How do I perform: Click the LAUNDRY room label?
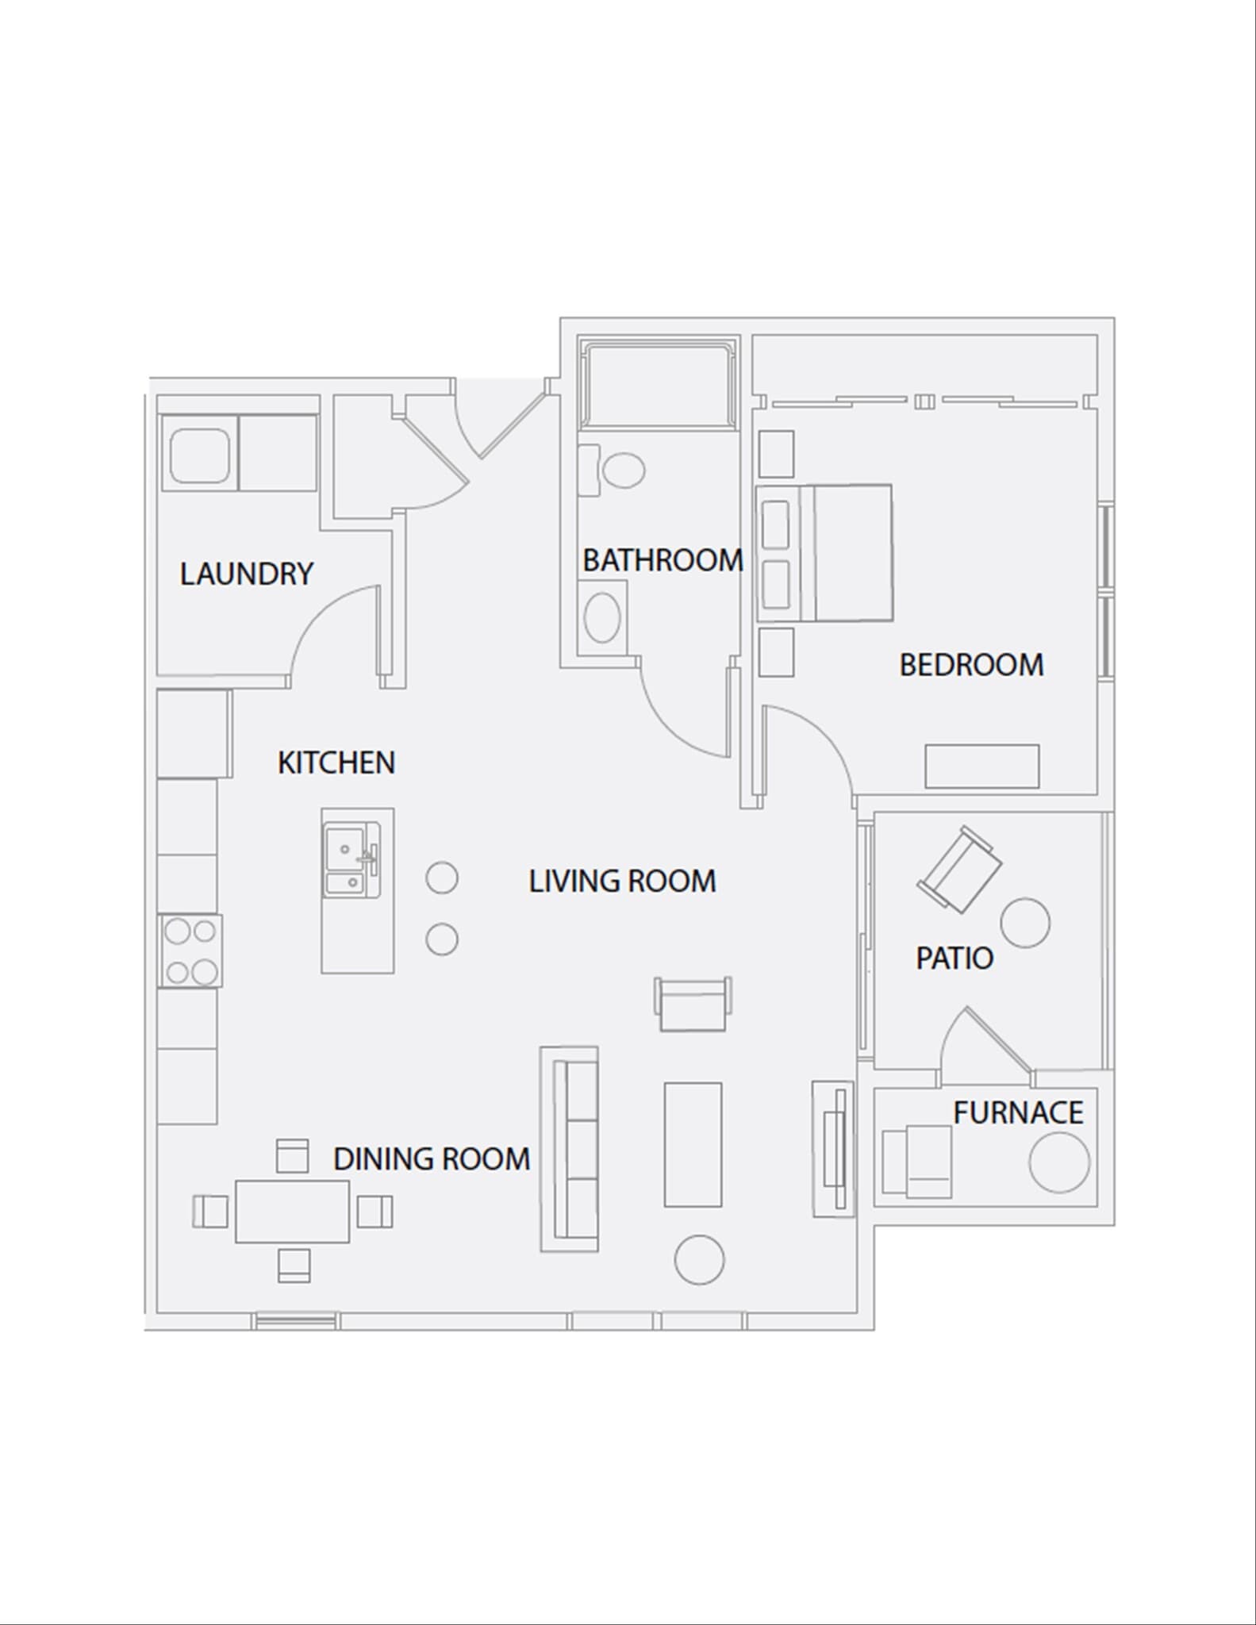point(246,574)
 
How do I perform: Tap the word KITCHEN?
point(336,763)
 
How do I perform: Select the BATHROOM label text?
point(663,560)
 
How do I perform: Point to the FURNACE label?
point(1018,1112)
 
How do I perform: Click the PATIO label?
point(954,958)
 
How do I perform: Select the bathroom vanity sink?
point(602,617)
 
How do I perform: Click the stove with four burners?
point(190,951)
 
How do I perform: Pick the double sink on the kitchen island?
point(351,860)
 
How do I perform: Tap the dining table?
point(292,1211)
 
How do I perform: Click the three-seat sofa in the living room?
point(570,1148)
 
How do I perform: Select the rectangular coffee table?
point(693,1144)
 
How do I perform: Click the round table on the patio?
point(1024,923)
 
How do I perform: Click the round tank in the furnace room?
point(1058,1162)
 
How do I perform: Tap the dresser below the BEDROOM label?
point(981,766)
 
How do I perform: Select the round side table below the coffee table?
point(699,1260)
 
